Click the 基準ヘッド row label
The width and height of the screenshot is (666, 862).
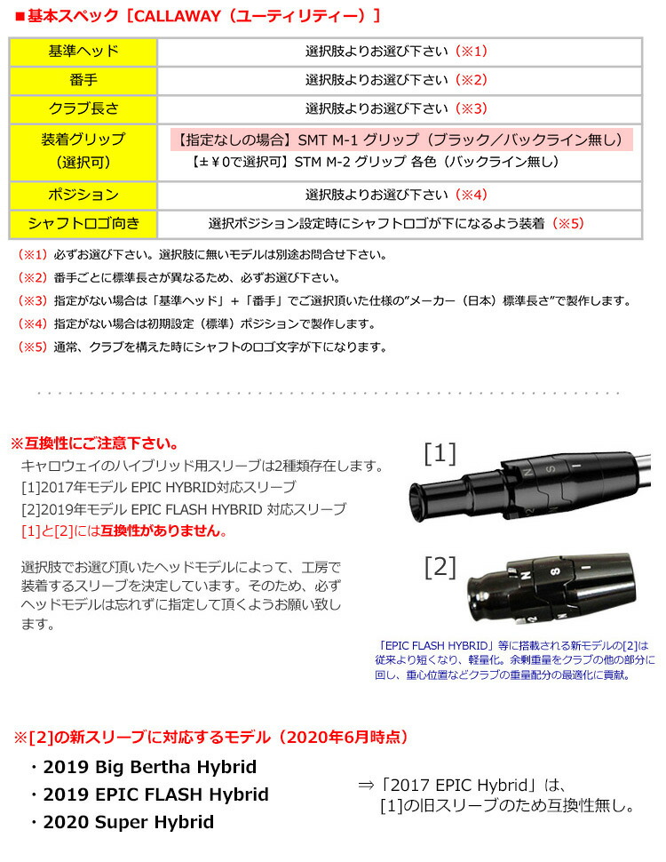tap(82, 52)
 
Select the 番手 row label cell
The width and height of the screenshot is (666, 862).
tap(82, 80)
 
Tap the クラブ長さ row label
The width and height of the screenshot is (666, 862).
tap(82, 108)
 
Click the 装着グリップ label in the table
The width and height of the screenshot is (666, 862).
tap(82, 140)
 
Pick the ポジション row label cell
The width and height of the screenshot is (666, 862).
tap(82, 195)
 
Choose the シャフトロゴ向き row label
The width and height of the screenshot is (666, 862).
tap(82, 223)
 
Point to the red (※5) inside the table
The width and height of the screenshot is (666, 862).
tap(568, 224)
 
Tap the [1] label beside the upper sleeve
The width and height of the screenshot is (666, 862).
tap(440, 454)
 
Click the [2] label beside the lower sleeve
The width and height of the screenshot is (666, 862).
tap(440, 566)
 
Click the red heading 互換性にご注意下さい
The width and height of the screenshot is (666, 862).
tap(93, 443)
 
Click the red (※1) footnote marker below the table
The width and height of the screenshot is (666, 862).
tap(33, 255)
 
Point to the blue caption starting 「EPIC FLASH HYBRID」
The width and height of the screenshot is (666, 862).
tap(515, 660)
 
